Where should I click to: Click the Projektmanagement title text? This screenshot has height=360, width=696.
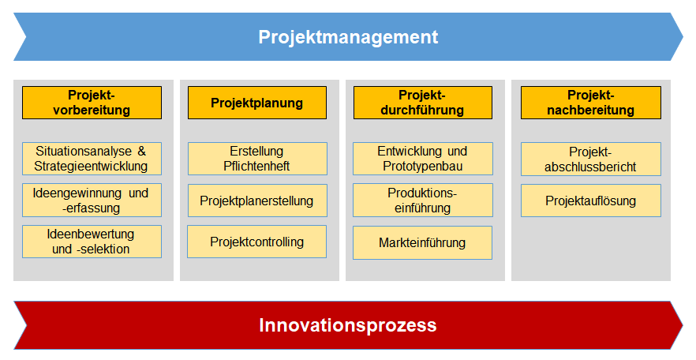(348, 37)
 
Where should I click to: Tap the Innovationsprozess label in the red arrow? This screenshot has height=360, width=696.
(348, 325)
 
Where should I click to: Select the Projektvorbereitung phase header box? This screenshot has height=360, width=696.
(92, 103)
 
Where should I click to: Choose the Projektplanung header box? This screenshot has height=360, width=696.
(257, 103)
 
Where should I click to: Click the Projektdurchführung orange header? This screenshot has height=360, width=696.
(423, 103)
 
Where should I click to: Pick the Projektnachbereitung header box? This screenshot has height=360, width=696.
(591, 103)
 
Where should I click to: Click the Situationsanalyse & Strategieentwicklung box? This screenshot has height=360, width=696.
(92, 159)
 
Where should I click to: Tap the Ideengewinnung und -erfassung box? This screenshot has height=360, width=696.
(92, 201)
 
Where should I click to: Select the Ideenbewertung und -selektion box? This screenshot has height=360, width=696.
(92, 242)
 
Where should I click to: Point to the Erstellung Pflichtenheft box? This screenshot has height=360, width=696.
(257, 159)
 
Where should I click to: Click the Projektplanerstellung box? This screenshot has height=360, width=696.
(257, 201)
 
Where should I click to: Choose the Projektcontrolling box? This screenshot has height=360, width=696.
(257, 242)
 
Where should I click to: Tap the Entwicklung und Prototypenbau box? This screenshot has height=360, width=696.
(423, 159)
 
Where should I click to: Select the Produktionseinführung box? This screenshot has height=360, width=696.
(423, 201)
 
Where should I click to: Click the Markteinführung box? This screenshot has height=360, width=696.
(423, 243)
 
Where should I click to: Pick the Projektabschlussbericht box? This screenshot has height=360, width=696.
(591, 159)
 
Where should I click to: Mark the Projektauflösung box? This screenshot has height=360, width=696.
(591, 201)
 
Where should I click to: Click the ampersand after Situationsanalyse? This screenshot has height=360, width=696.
(141, 152)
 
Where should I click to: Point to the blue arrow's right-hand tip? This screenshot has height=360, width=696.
(683, 37)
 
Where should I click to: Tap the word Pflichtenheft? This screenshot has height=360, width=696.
(256, 166)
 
